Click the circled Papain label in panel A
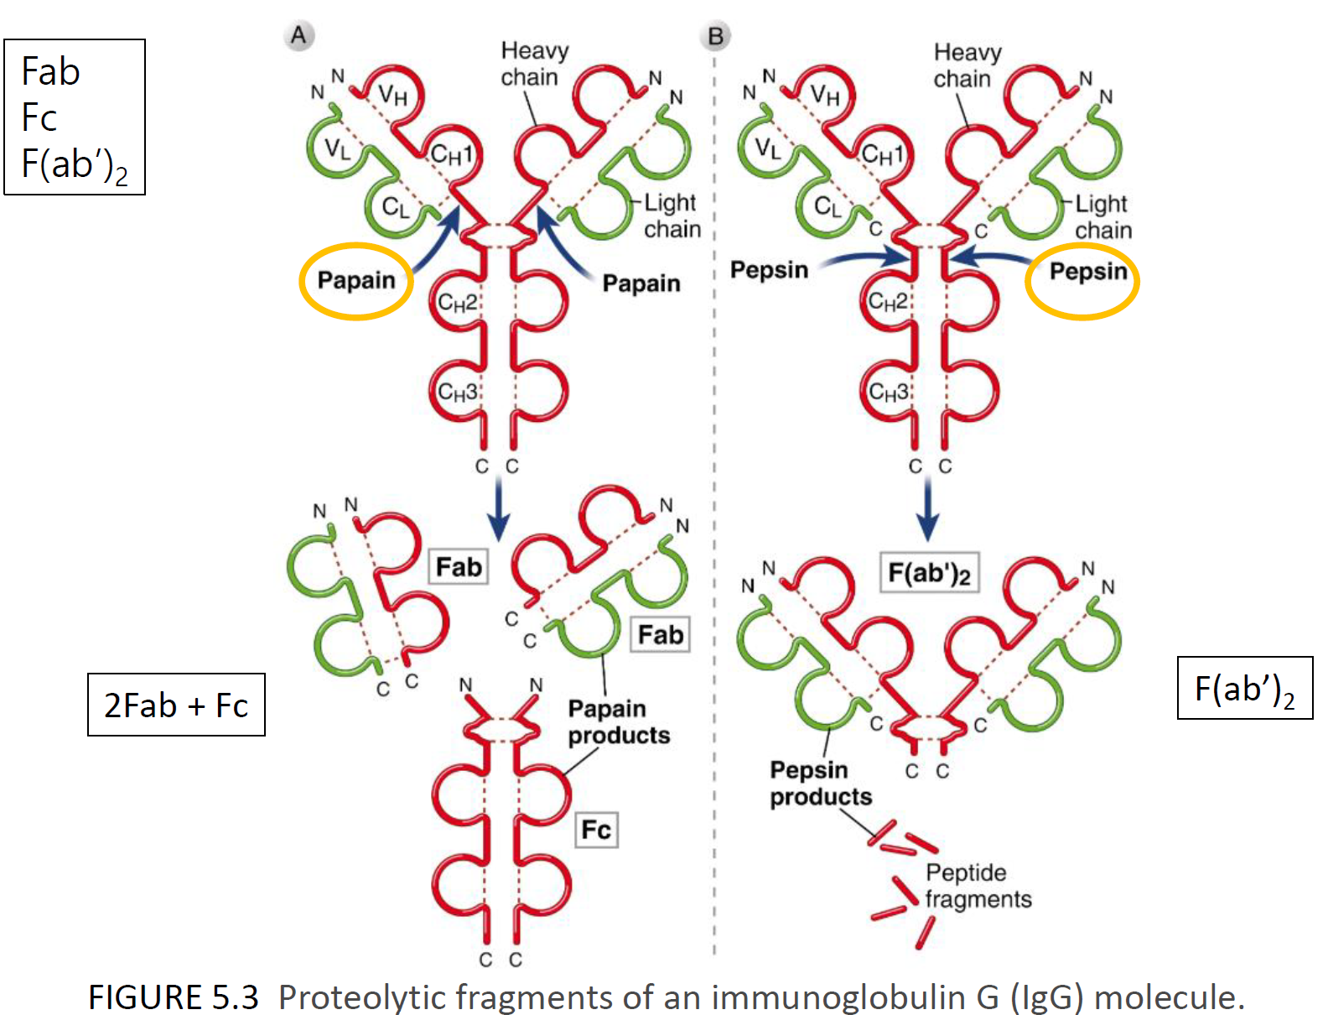[356, 280]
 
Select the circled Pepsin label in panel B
[1087, 271]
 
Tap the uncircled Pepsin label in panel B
[769, 270]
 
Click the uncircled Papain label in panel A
[641, 284]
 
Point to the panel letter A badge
[298, 36]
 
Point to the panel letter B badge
[715, 37]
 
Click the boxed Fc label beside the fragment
[596, 830]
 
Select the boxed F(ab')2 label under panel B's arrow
[929, 573]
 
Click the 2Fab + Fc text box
[176, 705]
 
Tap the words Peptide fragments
[977, 886]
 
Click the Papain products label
[619, 721]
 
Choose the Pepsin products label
[820, 783]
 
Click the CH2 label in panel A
[457, 303]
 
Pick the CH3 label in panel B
[888, 392]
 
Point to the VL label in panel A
[338, 149]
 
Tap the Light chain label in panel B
[1102, 216]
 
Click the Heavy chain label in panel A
[534, 64]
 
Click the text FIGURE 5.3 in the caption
[174, 997]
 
